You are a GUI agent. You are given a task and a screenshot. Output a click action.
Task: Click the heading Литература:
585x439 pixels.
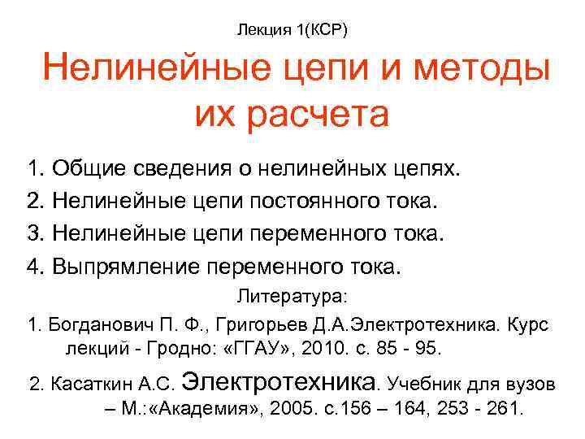click(x=292, y=298)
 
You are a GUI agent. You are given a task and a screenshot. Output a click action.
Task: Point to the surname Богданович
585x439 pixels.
click(x=101, y=324)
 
